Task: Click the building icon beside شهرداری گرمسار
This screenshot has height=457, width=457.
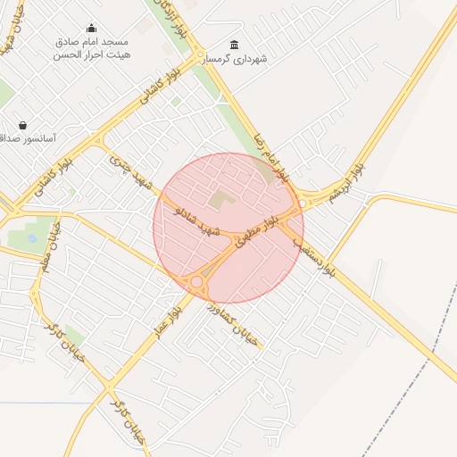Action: [234, 46]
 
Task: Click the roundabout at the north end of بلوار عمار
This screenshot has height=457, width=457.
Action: [196, 282]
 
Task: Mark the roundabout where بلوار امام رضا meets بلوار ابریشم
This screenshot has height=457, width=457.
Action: [301, 204]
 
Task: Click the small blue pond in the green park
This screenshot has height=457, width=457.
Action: [33, 238]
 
